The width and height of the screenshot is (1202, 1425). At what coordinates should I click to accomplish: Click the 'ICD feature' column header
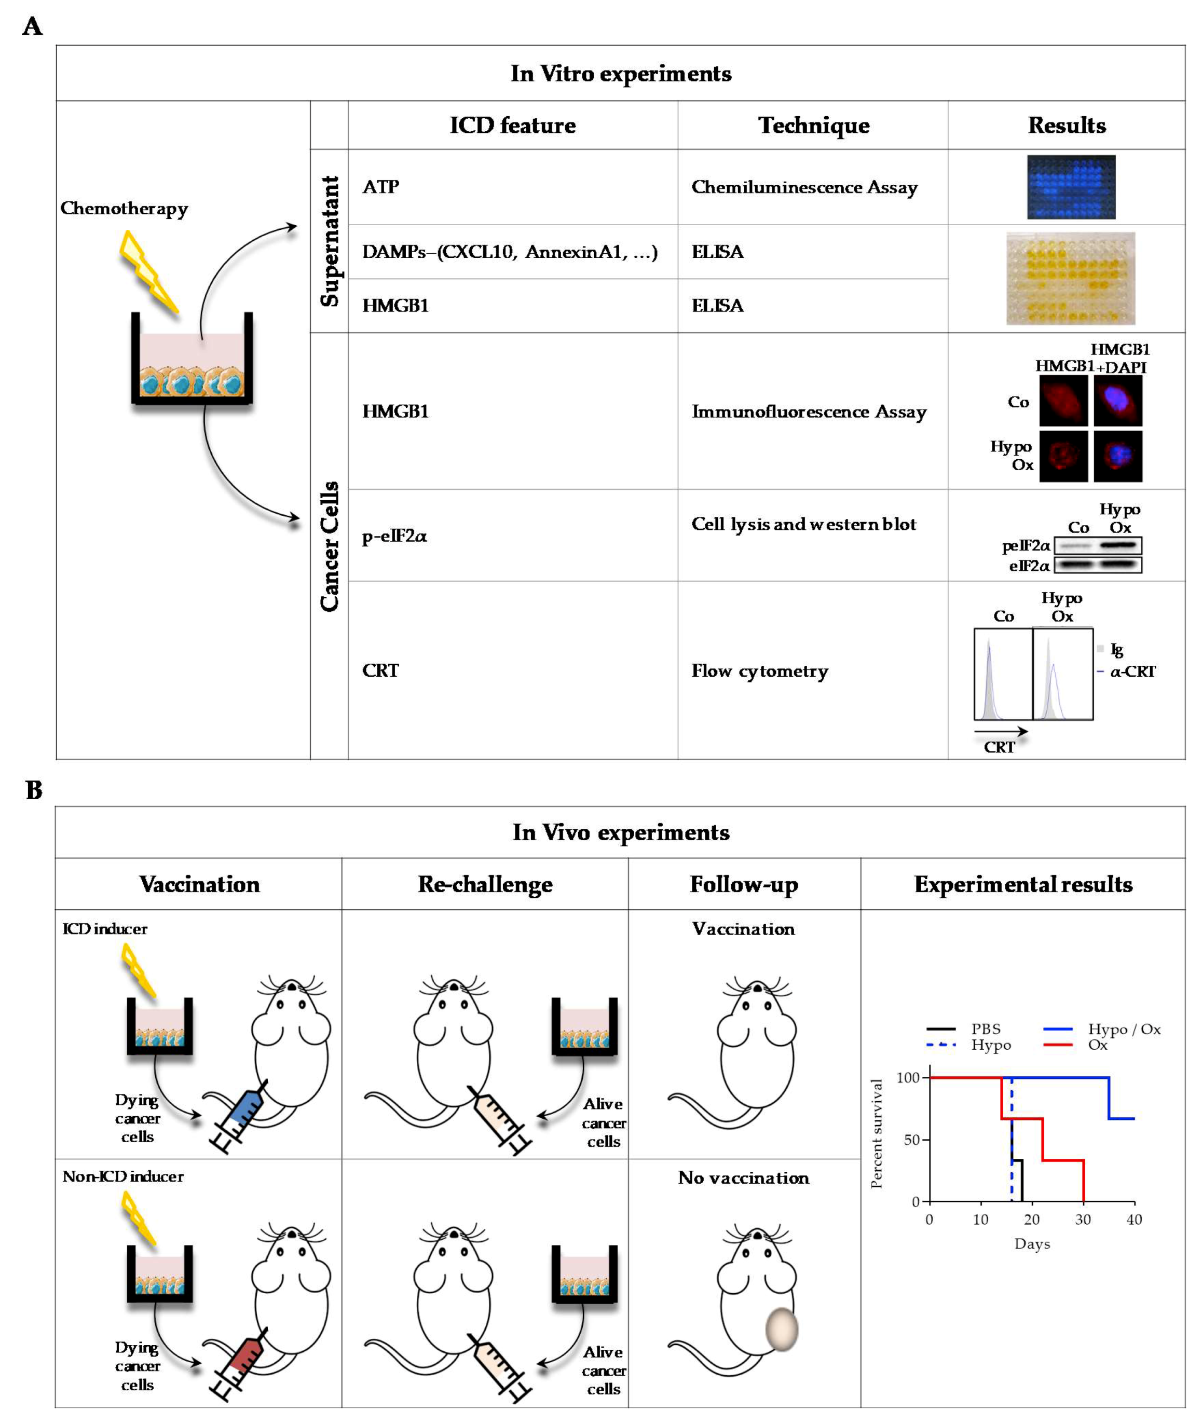(512, 126)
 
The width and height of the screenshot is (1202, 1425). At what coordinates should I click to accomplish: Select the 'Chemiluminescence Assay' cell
(804, 187)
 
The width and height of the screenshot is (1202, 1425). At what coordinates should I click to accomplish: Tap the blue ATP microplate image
(1071, 187)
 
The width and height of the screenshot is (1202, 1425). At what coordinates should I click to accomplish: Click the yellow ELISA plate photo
(1071, 278)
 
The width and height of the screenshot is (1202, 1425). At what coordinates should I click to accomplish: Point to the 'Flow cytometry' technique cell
(759, 671)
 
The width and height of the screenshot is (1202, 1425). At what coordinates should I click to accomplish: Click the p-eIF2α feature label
(394, 536)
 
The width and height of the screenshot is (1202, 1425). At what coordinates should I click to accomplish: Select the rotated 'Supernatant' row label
(330, 241)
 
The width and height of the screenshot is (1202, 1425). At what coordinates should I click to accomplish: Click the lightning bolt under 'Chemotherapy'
(148, 271)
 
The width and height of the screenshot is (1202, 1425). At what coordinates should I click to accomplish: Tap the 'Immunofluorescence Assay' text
(809, 412)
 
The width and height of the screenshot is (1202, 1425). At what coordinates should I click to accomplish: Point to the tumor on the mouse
(781, 1329)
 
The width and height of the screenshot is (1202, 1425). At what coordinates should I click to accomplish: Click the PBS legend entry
(985, 1029)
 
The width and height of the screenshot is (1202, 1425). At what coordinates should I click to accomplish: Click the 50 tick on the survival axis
(912, 1140)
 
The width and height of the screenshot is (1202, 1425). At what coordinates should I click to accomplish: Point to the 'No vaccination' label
(743, 1178)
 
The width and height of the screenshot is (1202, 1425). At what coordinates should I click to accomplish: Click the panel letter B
(34, 790)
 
